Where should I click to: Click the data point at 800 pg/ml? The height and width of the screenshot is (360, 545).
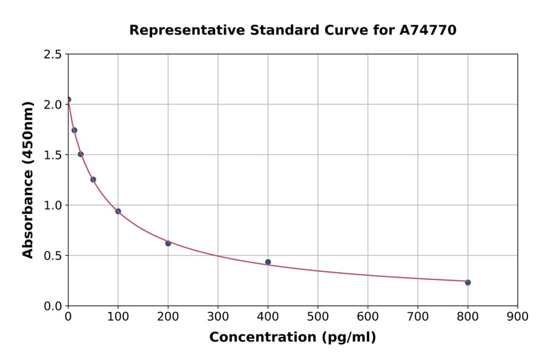click(x=467, y=282)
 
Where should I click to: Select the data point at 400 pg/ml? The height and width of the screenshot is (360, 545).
click(x=268, y=262)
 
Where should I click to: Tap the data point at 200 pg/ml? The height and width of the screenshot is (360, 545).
click(x=168, y=243)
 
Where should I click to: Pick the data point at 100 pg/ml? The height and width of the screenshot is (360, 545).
click(x=118, y=212)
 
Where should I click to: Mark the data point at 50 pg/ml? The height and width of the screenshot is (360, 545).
click(x=93, y=179)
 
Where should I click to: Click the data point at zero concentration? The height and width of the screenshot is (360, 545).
click(x=68, y=99)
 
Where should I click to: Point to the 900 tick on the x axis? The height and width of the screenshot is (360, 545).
click(x=517, y=316)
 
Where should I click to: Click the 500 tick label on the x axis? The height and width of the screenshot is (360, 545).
click(x=317, y=316)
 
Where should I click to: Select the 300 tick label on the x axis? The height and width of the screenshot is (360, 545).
click(x=217, y=316)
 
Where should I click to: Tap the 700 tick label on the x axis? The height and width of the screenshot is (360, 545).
click(x=417, y=316)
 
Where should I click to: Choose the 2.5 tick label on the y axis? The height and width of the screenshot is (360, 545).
click(x=53, y=55)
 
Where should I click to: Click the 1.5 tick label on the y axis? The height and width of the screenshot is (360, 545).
click(x=53, y=155)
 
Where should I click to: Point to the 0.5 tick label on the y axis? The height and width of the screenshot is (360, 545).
click(x=53, y=256)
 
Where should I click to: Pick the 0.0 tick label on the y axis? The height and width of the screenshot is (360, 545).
click(x=53, y=306)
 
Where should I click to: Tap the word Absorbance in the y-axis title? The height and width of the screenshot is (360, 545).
click(x=28, y=215)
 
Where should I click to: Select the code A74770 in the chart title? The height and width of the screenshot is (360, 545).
click(x=428, y=30)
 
